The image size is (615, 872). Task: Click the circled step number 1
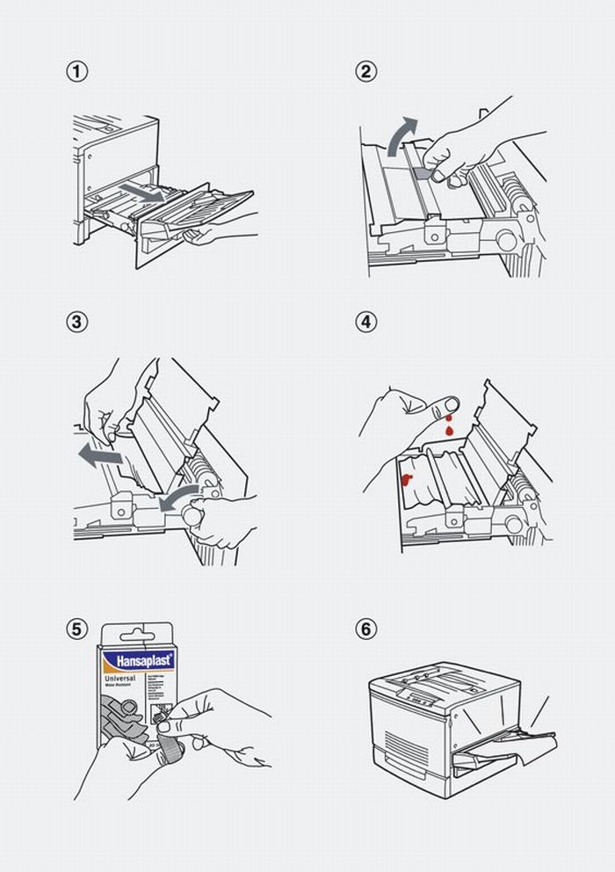click(77, 72)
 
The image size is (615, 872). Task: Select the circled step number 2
click(365, 72)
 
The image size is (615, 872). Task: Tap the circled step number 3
click(77, 322)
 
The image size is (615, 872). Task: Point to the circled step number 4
click(365, 322)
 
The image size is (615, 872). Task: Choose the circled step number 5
click(77, 629)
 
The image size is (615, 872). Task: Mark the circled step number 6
click(365, 629)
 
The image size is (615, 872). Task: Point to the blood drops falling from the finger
click(449, 428)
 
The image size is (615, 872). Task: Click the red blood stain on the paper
click(407, 478)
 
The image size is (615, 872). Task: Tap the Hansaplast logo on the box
click(137, 661)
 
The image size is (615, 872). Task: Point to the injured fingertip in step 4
click(451, 404)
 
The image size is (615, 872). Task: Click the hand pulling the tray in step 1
click(220, 231)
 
